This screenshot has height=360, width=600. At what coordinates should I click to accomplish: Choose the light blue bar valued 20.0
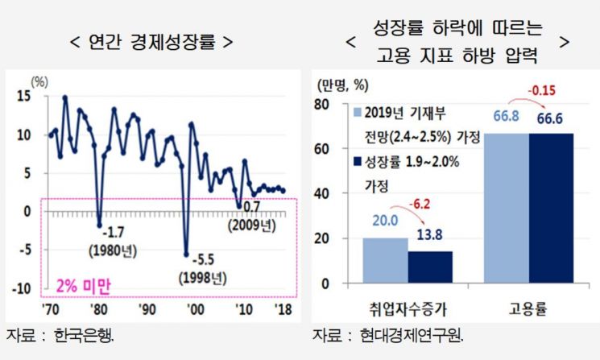(x=385, y=261)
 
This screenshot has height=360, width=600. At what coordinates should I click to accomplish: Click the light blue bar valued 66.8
(x=506, y=209)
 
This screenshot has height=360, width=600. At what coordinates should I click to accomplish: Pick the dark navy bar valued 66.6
(x=551, y=209)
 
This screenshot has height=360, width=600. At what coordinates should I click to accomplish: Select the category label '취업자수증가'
(x=408, y=308)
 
